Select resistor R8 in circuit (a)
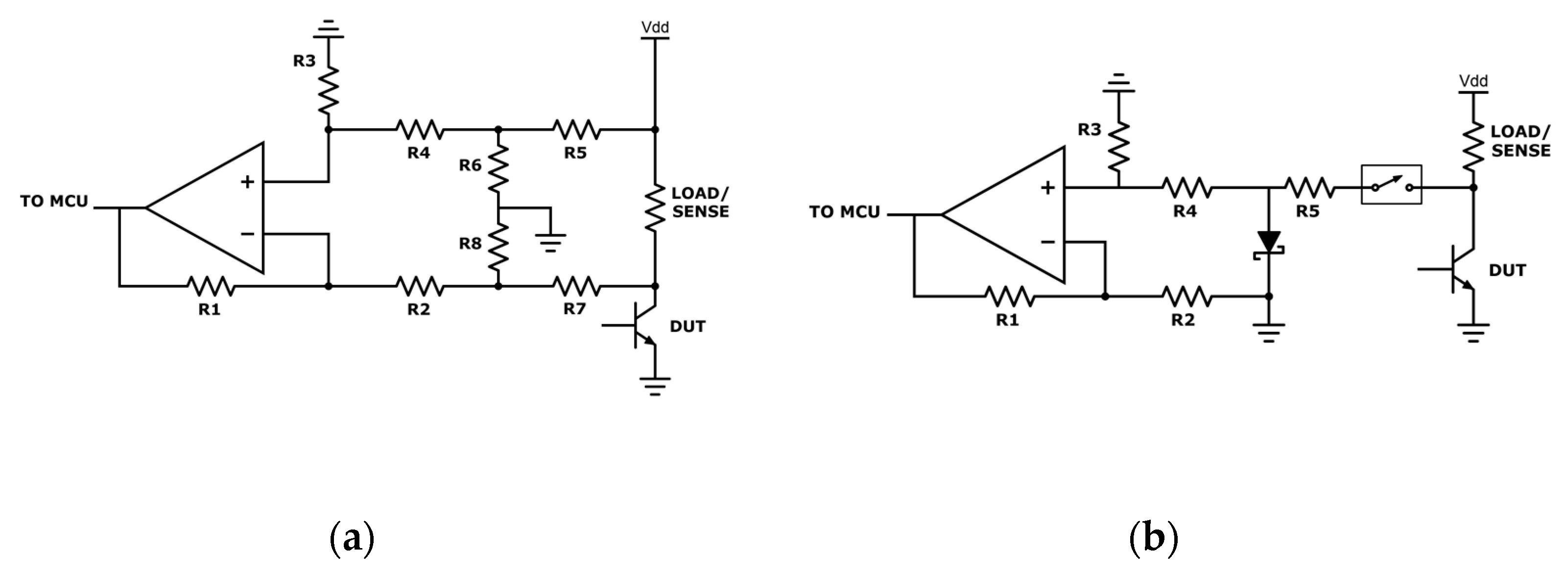498,246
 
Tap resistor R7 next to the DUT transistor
576,286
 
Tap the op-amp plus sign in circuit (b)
1047,188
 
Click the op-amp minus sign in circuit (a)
247,234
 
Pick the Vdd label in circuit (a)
655,27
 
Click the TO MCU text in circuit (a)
53,201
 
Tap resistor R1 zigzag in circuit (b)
1009,297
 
